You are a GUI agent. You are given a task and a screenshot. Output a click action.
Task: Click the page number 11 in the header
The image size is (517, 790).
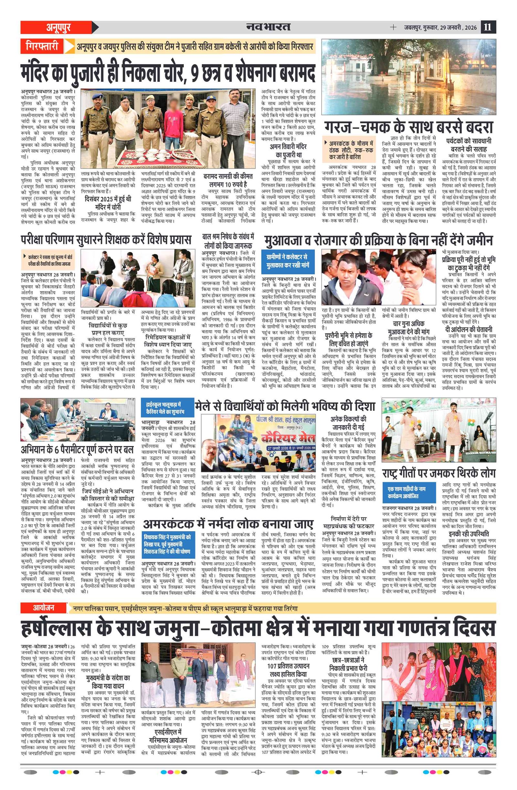[487, 27]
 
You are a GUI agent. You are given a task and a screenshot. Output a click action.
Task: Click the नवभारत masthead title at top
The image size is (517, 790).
[268, 27]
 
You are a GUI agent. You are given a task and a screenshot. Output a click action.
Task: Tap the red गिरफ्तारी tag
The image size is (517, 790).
[42, 46]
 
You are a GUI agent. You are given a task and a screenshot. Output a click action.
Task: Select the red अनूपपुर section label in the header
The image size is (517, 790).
[58, 27]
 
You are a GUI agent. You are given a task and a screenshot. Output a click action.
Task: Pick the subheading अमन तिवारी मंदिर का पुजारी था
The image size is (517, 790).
[288, 151]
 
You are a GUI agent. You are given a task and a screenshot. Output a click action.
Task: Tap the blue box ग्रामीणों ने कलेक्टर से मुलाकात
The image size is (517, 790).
[287, 261]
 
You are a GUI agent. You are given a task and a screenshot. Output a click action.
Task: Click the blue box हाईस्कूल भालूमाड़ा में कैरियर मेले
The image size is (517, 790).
[167, 409]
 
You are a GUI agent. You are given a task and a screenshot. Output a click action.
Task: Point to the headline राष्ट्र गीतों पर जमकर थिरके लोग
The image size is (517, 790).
[438, 473]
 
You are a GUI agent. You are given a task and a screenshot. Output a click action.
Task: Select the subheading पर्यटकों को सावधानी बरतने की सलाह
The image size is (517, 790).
[469, 145]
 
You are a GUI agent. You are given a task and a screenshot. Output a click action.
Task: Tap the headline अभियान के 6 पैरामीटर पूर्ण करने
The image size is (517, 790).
[77, 450]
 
